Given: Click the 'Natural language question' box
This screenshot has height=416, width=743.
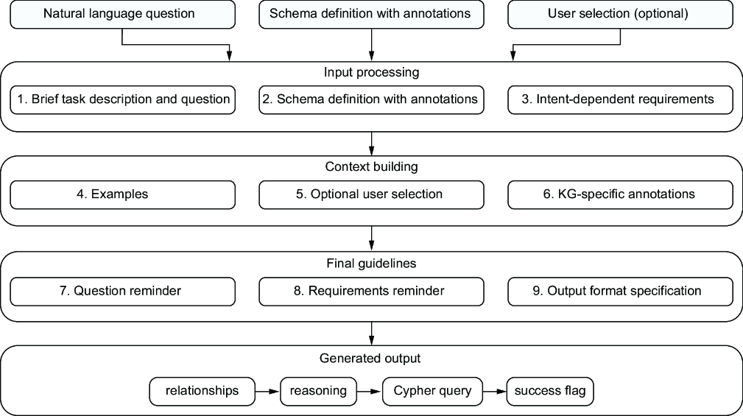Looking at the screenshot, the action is coord(123,14).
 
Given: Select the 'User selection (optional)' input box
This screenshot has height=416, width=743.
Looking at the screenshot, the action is coord(620,14).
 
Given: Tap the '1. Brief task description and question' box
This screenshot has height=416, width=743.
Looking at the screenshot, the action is coord(123,99).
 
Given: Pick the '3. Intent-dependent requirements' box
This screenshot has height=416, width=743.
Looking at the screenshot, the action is coord(620,99).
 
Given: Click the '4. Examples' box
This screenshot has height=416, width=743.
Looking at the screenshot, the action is coord(123,194).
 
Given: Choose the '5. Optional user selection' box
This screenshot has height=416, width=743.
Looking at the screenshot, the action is coord(371,194).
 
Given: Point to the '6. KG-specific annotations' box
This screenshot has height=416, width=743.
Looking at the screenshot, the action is coord(620,194).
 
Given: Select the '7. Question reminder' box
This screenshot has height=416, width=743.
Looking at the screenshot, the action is coord(123,292).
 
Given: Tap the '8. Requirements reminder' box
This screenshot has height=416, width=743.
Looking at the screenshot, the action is coord(371,292).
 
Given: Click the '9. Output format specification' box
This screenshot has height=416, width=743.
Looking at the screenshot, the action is coord(620,292).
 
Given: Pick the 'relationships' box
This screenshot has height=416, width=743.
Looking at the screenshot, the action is coord(203,392).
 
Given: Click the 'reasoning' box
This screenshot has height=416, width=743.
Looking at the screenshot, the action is coord(318,392).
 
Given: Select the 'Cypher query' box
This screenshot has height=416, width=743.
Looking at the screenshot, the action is coord(433,392).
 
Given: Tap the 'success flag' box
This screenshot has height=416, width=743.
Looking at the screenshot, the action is coord(550,392).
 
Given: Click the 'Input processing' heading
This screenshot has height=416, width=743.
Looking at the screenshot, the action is coord(371,72).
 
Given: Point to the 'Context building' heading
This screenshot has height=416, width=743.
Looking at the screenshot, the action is coord(371,167).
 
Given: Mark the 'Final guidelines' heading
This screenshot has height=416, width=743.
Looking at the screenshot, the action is coord(371,264).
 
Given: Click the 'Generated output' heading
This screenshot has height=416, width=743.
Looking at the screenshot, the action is coord(370,358).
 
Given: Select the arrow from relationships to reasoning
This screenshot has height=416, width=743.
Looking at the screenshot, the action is coord(268,392).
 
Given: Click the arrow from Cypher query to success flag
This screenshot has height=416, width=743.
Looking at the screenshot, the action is coord(495,392).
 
